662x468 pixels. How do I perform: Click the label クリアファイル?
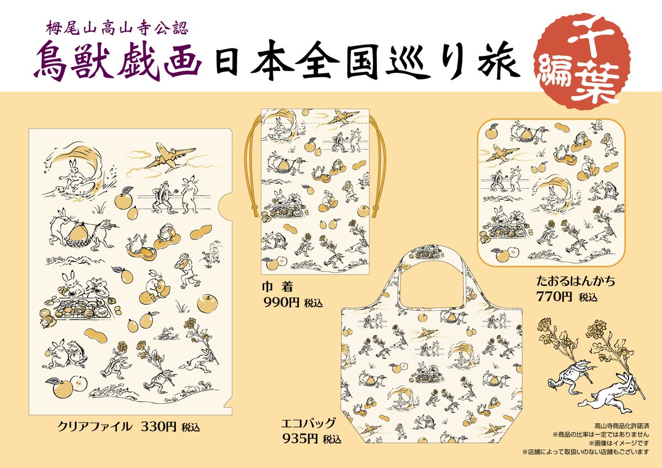pos(94,426)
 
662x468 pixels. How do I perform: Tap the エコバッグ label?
pos(308,424)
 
